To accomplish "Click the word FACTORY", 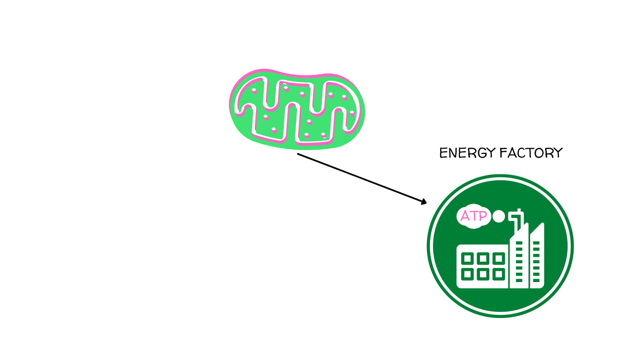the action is point(531,153).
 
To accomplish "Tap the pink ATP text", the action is point(474,216).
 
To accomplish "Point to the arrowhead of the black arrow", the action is point(424,202).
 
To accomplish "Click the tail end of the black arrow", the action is point(298,154).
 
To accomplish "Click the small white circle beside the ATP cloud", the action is point(499,216).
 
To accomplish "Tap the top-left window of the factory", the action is point(467,258).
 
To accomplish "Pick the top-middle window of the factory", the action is point(483,258).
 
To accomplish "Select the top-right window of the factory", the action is point(499,258).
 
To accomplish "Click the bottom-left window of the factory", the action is point(467,274).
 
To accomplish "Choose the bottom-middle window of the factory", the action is point(483,274).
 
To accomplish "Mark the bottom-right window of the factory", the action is point(499,274).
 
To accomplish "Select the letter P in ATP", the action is point(483,216).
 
